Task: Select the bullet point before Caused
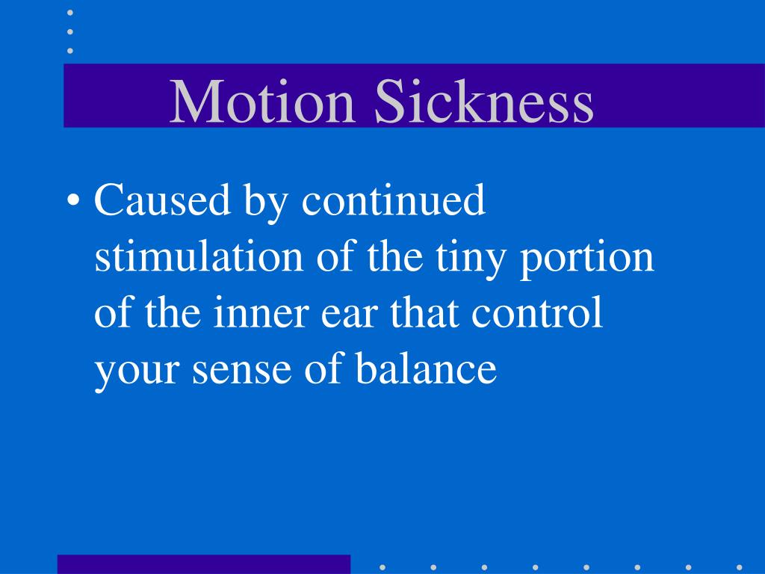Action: pos(74,202)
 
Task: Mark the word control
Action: pos(537,313)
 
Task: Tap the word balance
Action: pos(424,368)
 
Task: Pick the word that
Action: pos(427,313)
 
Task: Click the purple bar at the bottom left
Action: pos(203,564)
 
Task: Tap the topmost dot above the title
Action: pos(70,13)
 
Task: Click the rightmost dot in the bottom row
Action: pos(739,567)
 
